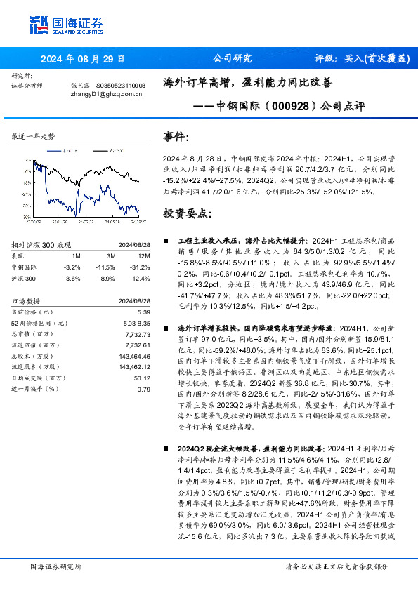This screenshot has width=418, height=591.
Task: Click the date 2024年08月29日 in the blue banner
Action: pyautogui.click(x=82, y=60)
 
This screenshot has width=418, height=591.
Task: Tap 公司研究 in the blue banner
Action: pyautogui.click(x=232, y=60)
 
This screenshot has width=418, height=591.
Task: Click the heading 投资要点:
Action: pyautogui.click(x=187, y=213)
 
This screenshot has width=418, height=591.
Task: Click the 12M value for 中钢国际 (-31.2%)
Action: pyautogui.click(x=141, y=267)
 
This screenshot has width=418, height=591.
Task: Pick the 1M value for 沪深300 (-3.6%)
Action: pyautogui.click(x=72, y=279)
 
